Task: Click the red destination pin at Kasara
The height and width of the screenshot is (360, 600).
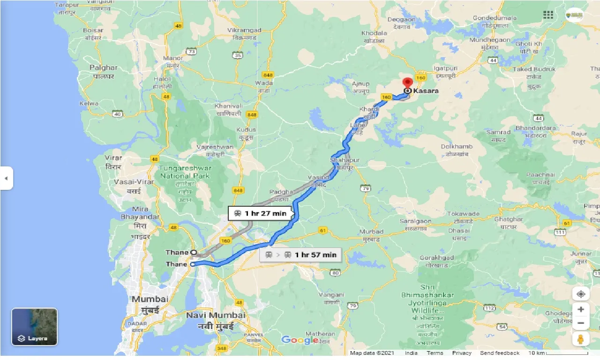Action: coord(407,82)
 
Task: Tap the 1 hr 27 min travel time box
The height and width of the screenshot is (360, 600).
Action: coord(260,214)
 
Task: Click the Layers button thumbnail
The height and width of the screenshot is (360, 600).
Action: coord(34,327)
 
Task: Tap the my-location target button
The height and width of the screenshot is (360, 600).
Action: coord(580,294)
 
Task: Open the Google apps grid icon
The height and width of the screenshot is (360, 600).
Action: coord(548,15)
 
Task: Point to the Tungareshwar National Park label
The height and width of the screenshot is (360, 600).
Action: coord(186,172)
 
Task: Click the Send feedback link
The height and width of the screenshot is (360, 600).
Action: coord(500,353)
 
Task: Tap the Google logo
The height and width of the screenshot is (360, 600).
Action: coord(300,340)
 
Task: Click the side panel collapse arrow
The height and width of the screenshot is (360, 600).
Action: coord(6,178)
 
